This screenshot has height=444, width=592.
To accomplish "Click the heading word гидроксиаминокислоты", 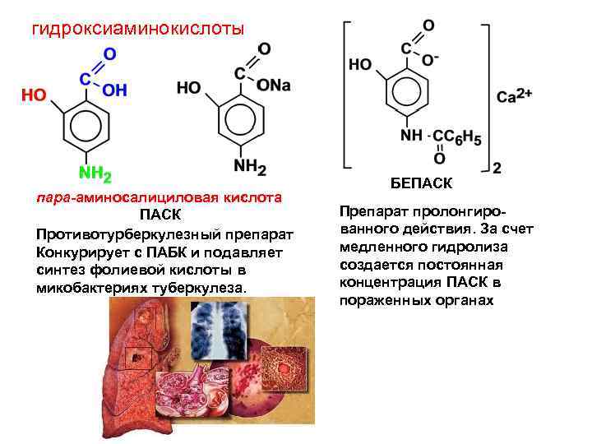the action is click(x=138, y=30).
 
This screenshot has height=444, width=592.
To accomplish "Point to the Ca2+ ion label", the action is click(x=515, y=97).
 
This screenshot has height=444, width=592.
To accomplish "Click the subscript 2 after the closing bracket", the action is click(x=496, y=169).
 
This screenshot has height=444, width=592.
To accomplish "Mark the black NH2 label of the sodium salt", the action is click(x=250, y=167).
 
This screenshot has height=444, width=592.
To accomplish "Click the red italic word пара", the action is click(x=53, y=197).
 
